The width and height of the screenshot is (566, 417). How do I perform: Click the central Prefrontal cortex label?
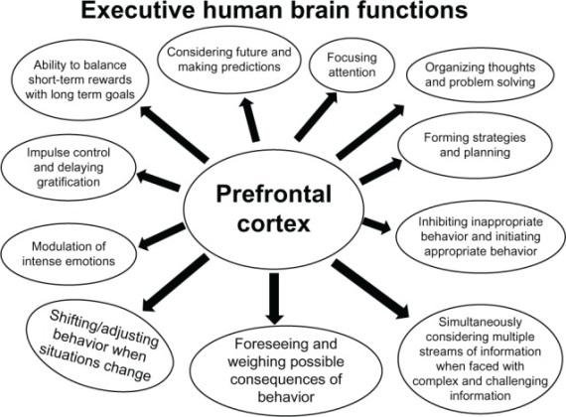(x=273, y=209)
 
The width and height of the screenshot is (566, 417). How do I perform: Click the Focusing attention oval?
(x=352, y=65)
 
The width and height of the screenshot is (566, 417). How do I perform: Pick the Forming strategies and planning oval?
(x=475, y=145)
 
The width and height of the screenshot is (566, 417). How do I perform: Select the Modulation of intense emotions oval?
(x=69, y=254)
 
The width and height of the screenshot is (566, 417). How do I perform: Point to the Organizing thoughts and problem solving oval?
(x=480, y=74)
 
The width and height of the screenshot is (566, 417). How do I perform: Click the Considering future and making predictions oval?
(x=228, y=60)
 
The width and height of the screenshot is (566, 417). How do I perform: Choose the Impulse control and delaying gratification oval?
(x=69, y=167)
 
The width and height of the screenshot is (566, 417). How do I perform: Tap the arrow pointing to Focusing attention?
(x=316, y=115)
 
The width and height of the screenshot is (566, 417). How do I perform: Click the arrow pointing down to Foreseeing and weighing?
(x=274, y=298)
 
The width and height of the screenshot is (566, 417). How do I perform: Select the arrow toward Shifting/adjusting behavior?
(x=176, y=282)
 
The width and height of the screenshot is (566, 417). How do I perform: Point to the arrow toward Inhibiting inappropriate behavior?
(x=376, y=225)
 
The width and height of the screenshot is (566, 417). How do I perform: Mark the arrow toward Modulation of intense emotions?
(x=161, y=236)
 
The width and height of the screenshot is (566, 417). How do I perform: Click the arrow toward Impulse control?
(x=158, y=181)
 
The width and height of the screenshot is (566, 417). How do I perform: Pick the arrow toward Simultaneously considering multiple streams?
(x=370, y=289)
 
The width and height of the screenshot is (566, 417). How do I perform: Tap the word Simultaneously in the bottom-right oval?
(x=480, y=322)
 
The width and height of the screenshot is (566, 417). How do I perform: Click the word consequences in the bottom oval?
(x=286, y=379)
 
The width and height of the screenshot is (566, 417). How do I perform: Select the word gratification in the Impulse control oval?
(x=69, y=182)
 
